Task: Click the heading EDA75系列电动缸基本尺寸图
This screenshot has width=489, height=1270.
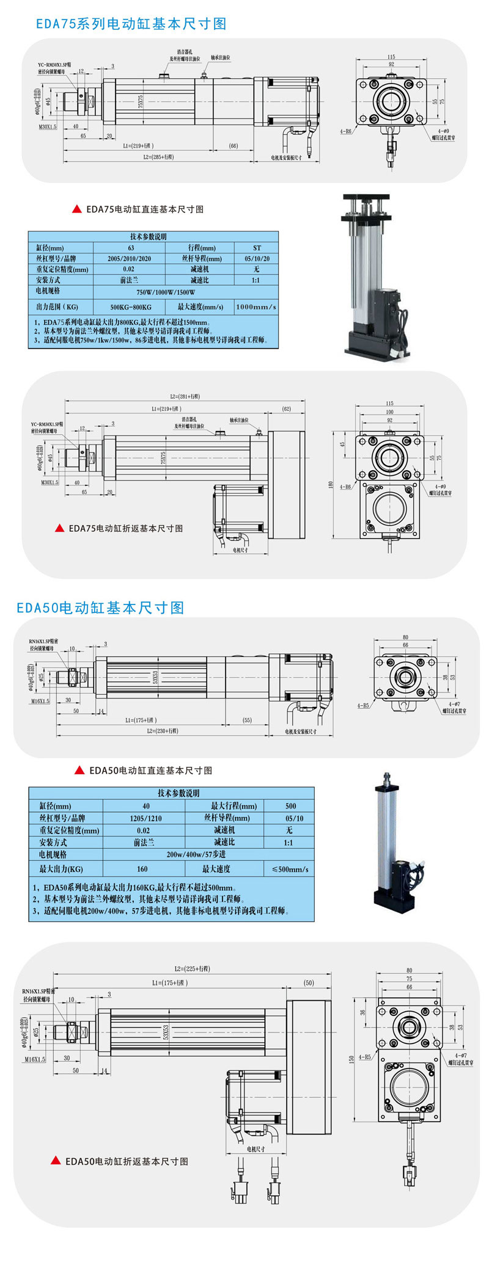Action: (x=131, y=24)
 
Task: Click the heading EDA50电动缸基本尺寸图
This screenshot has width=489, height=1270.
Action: (x=100, y=608)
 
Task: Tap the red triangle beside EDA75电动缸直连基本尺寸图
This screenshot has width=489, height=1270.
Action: (x=77, y=209)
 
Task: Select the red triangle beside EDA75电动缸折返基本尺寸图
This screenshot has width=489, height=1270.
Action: (x=59, y=528)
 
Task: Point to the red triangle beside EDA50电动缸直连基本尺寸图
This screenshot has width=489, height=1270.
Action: (x=79, y=770)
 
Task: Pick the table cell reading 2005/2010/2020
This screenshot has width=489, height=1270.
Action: (x=129, y=258)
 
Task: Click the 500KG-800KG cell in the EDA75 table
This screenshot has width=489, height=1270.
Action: (x=130, y=307)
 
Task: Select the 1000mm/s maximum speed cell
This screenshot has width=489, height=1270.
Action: (x=256, y=307)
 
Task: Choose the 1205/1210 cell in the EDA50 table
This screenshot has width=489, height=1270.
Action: (x=145, y=818)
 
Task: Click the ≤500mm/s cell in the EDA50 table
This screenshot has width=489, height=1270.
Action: (x=289, y=869)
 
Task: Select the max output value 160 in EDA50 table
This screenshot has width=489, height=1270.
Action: (x=142, y=869)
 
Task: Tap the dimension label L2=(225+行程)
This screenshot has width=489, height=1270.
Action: (x=192, y=968)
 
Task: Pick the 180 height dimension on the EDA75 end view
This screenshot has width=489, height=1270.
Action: (x=331, y=485)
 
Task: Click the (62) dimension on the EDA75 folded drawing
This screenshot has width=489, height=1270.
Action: (x=286, y=409)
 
